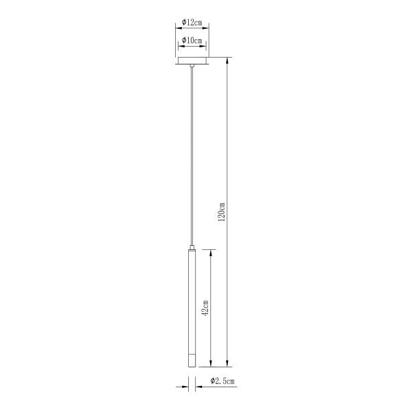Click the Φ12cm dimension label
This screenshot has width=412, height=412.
pos(192,23)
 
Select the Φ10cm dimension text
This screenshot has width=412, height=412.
pos(192,41)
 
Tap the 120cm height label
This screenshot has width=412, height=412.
pos(222,211)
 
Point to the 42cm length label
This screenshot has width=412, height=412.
pos(205,308)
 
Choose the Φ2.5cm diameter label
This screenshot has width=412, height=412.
pos(222,380)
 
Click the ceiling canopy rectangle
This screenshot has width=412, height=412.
pos(192,60)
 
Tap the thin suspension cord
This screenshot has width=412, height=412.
pos(192,157)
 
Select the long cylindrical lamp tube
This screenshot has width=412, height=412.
pos(192,308)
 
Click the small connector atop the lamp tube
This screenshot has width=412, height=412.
pos(192,247)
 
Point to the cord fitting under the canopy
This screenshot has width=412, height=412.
pos(192,65)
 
